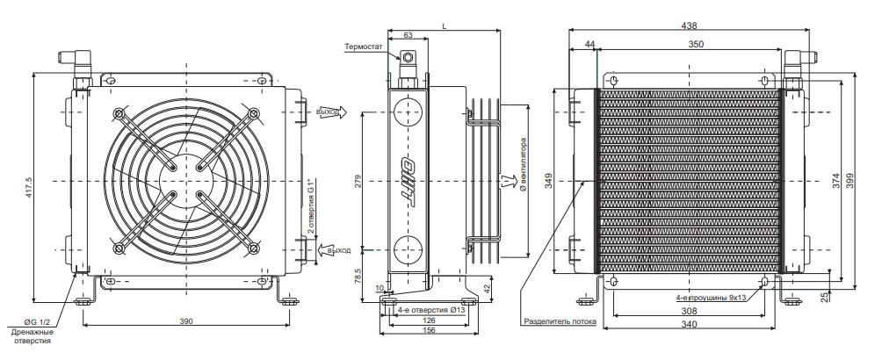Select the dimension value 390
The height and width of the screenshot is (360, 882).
point(186,322)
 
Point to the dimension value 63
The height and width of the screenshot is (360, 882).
point(408,34)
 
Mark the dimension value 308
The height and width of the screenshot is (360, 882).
point(688,311)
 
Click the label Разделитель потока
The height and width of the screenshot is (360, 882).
point(560,322)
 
